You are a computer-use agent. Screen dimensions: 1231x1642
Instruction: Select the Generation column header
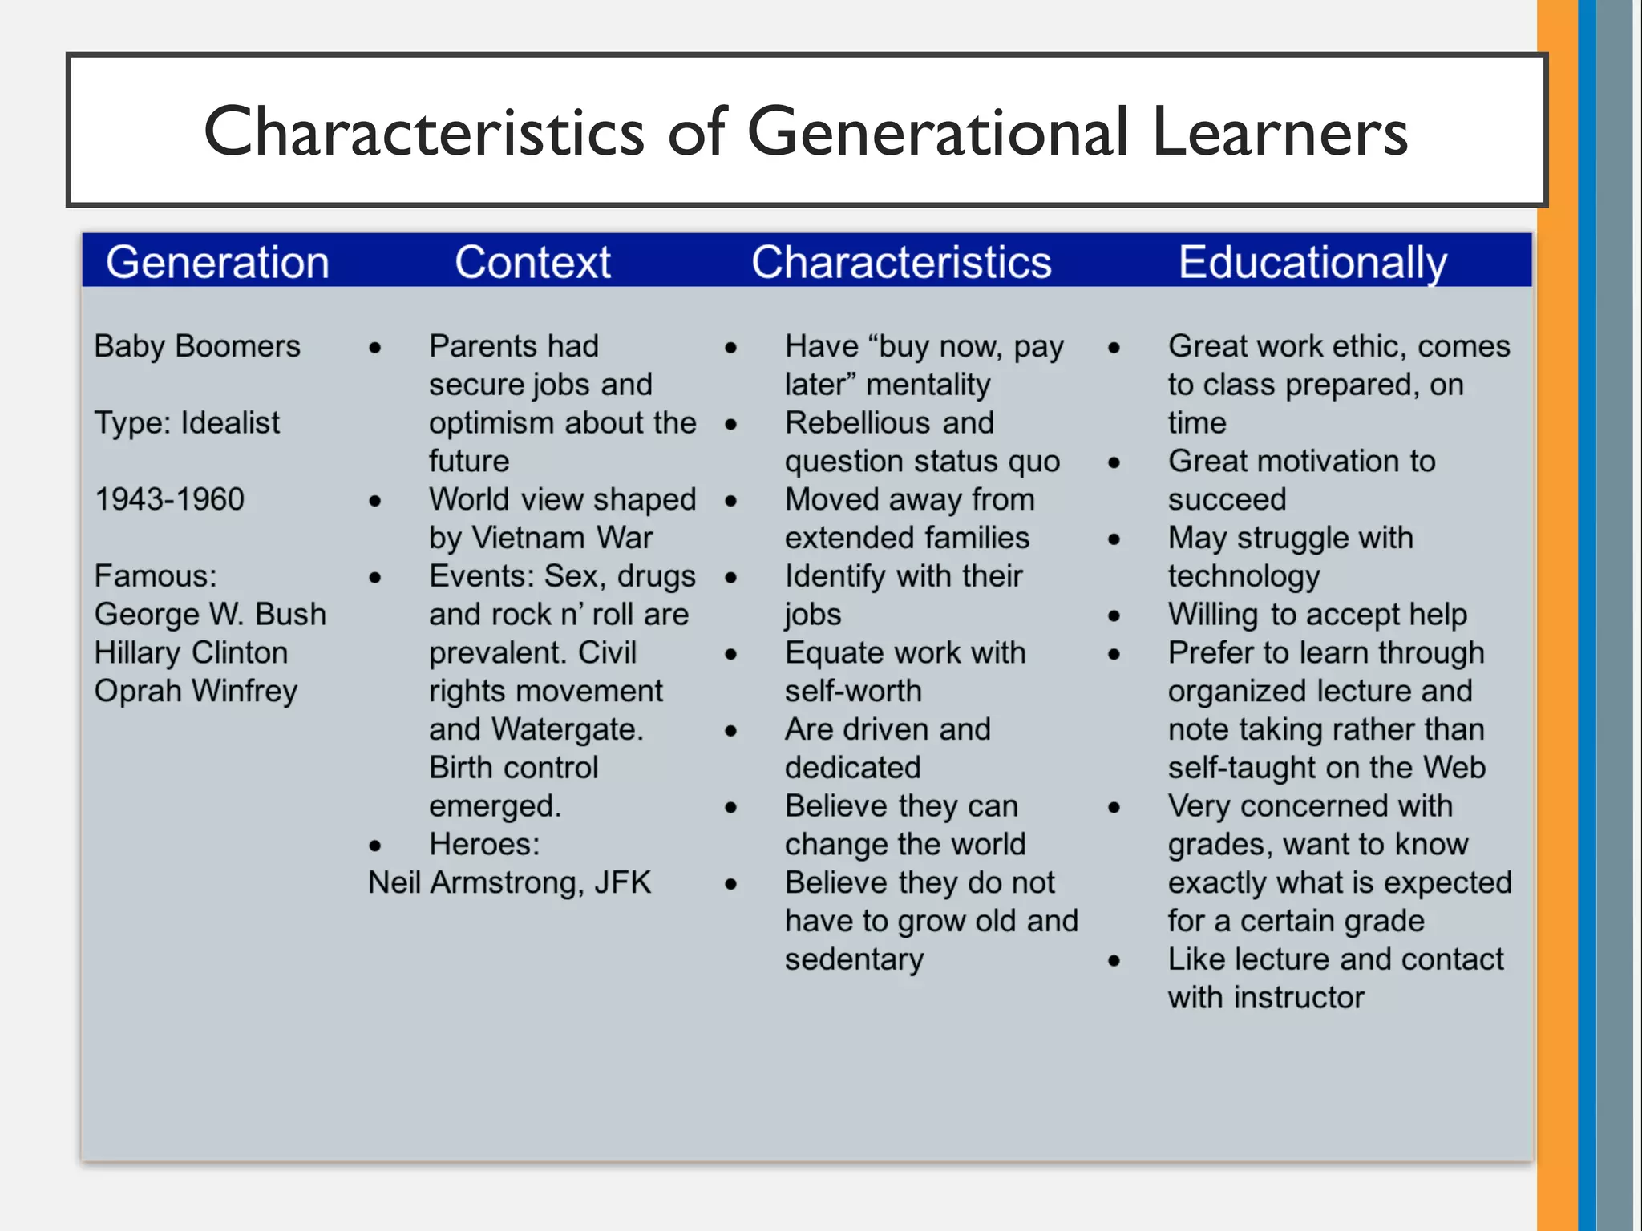[x=217, y=262]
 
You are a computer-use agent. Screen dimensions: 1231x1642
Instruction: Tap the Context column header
[x=532, y=262]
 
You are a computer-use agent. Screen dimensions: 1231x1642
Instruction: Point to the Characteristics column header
[x=901, y=262]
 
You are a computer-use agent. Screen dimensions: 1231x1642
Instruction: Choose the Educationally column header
[x=1312, y=262]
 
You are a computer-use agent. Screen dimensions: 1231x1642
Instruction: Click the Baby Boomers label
[x=197, y=346]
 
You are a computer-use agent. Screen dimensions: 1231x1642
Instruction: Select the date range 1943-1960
[x=169, y=499]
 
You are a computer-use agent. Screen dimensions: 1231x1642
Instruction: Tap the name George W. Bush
[x=210, y=615]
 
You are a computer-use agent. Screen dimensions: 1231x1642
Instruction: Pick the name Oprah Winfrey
[x=196, y=691]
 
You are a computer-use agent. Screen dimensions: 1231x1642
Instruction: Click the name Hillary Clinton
[x=191, y=653]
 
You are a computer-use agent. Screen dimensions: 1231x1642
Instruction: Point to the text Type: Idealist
[x=187, y=423]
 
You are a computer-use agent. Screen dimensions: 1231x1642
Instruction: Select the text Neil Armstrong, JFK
[x=509, y=883]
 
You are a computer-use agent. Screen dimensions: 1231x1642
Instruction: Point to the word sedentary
[x=854, y=959]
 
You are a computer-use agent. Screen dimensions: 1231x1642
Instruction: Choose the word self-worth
[x=853, y=691]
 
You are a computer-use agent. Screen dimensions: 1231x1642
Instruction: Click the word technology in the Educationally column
[x=1244, y=576]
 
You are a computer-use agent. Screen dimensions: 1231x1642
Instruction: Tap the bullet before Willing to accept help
[x=1114, y=616]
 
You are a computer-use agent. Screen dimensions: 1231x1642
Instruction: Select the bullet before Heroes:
[x=374, y=846]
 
